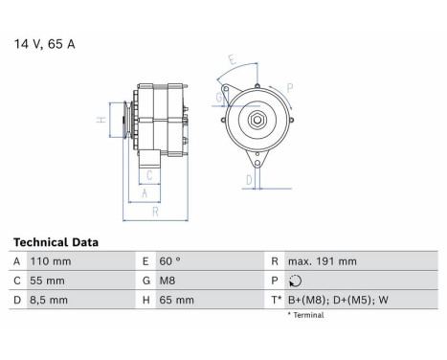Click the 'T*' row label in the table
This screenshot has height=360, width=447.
[x=276, y=301]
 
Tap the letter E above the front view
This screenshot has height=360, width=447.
[x=232, y=58]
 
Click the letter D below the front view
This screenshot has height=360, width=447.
[x=249, y=178]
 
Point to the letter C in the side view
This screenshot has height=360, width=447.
[x=150, y=174]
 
